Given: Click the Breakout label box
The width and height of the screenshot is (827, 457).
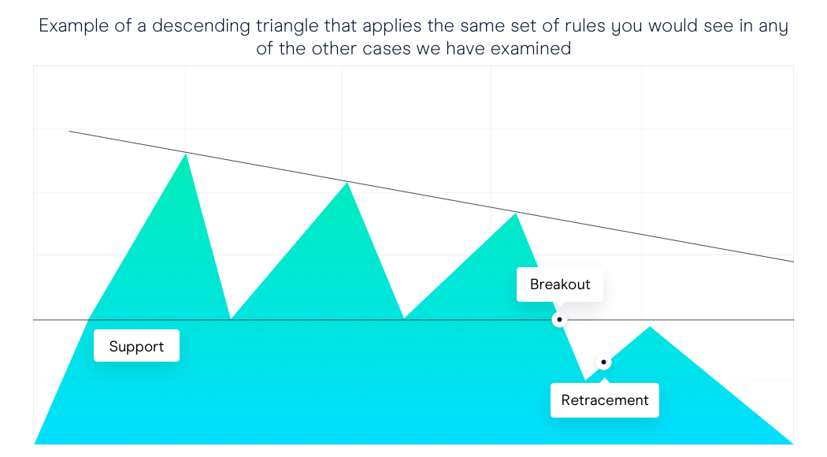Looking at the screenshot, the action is (x=559, y=284).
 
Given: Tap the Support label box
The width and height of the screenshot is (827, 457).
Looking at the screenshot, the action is (x=136, y=346).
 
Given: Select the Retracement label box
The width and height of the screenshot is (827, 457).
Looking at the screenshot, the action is (x=604, y=400).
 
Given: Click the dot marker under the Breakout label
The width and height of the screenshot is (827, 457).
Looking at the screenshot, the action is (x=559, y=320).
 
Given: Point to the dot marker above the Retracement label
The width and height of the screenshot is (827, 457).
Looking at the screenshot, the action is (x=603, y=362).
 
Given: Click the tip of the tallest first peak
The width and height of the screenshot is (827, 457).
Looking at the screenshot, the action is (x=186, y=153).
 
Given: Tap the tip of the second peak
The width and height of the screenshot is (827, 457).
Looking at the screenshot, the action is (x=347, y=182).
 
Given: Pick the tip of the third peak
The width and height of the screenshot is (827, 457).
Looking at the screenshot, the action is (x=515, y=213).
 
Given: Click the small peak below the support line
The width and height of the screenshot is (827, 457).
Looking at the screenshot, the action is (x=650, y=327).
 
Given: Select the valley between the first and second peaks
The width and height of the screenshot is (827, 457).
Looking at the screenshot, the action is (x=231, y=319).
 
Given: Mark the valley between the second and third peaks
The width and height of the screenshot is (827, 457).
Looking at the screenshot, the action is (x=404, y=318).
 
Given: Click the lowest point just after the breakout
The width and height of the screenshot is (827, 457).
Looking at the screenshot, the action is (x=585, y=380).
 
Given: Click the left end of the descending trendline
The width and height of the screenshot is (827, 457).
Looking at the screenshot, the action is (x=69, y=131).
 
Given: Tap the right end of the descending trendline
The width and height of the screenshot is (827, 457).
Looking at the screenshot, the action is (x=793, y=262).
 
